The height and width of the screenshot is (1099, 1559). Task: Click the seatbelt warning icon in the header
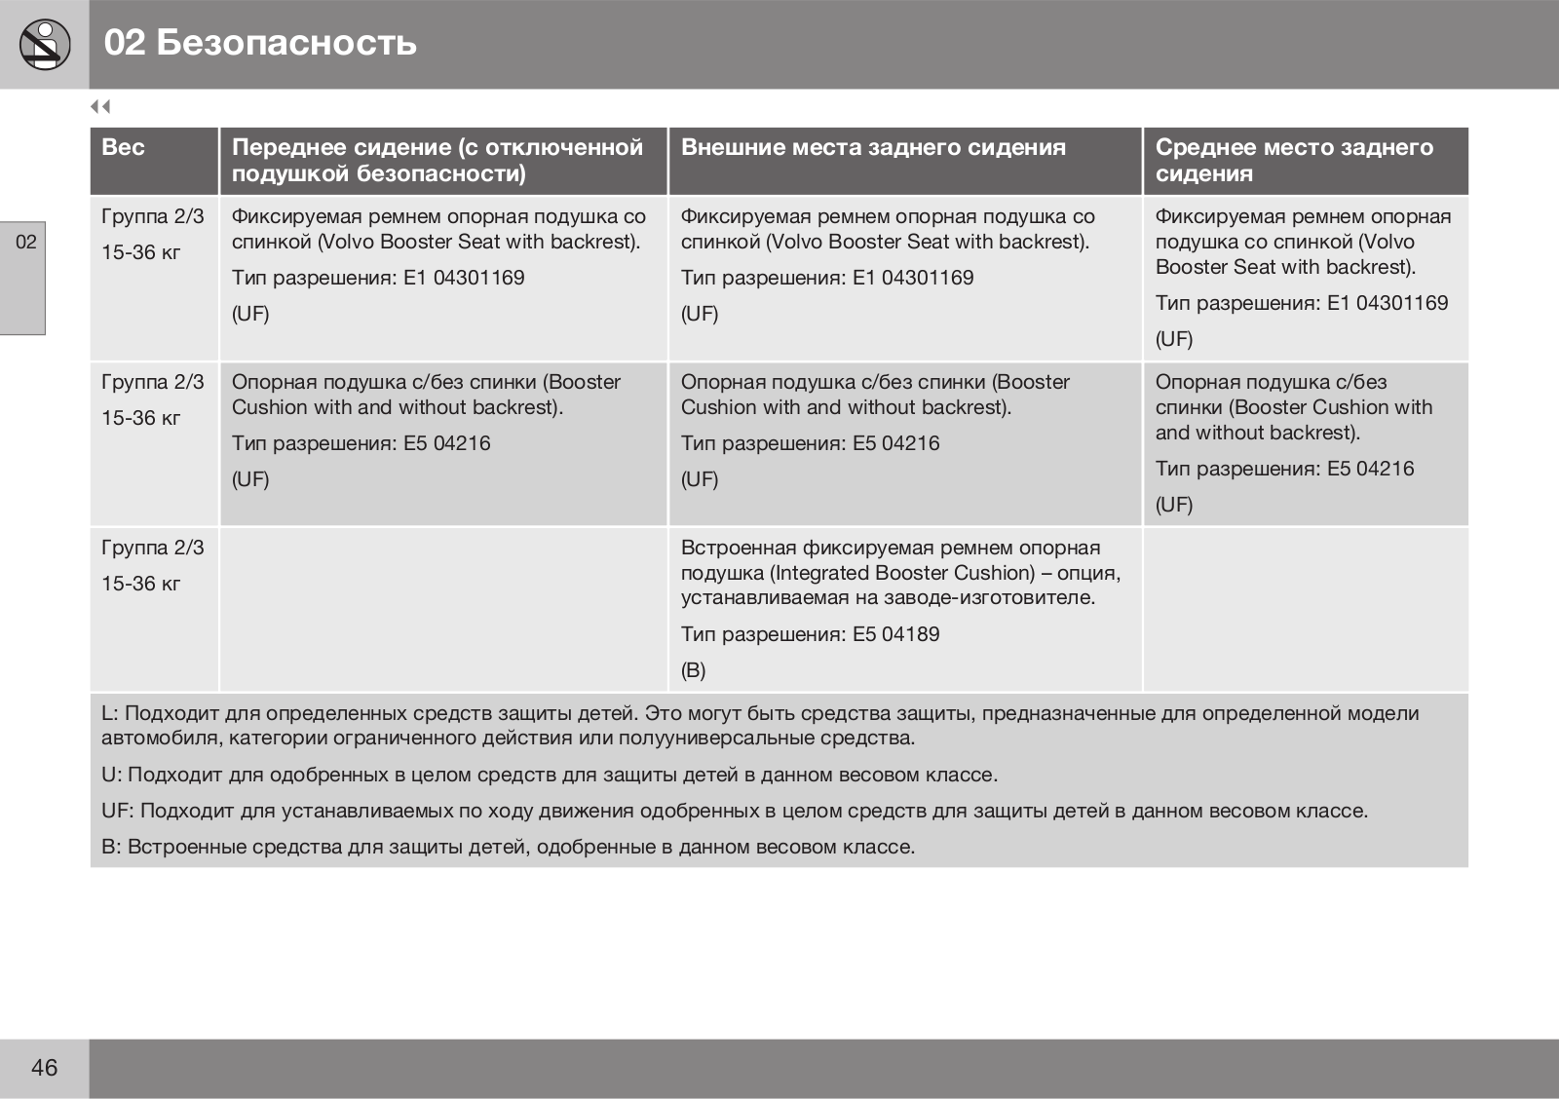(44, 44)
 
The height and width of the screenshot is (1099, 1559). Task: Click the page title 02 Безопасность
(260, 43)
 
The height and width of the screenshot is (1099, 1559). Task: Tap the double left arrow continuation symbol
(100, 106)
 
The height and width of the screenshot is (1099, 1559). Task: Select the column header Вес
(123, 148)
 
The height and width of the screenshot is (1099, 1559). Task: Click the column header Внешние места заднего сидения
(873, 148)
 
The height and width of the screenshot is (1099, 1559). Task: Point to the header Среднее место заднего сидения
(1294, 161)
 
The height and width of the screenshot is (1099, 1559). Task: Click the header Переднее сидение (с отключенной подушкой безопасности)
(437, 161)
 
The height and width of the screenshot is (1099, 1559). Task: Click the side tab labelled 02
(25, 242)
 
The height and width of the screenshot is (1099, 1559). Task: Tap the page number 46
(44, 1068)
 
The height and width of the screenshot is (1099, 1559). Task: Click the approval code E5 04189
(895, 634)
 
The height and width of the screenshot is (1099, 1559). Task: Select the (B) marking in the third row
(693, 670)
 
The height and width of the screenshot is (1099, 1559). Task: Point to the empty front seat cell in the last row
(443, 609)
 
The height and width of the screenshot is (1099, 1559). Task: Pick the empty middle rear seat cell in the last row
(1305, 609)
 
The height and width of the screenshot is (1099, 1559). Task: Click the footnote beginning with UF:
(734, 811)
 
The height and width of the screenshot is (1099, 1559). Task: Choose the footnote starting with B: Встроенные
(508, 847)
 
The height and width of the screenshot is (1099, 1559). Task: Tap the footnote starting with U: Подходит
(549, 775)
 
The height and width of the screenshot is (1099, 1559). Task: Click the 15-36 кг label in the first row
(141, 252)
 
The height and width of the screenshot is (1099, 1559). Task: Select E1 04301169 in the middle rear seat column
(1388, 303)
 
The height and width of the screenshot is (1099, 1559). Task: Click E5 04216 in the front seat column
(447, 443)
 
